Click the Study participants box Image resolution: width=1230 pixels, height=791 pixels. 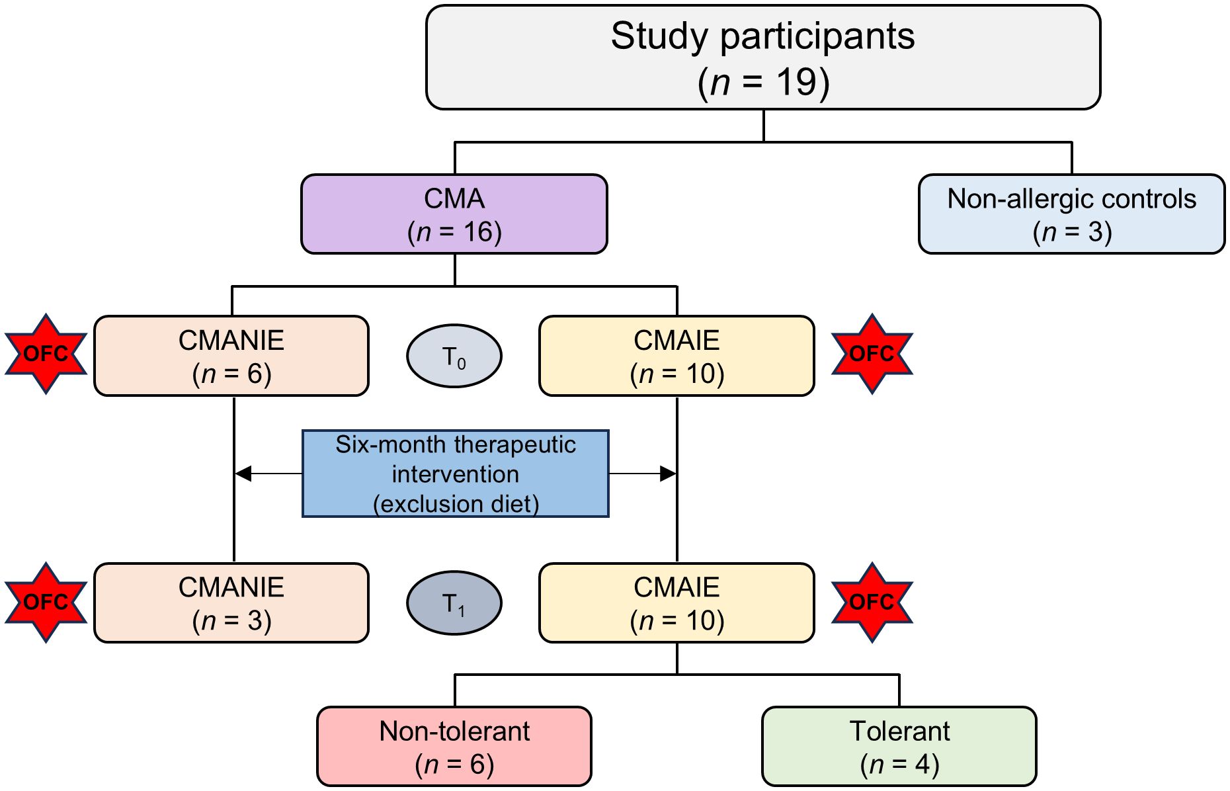(x=762, y=58)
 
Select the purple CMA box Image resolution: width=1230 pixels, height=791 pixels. (x=454, y=214)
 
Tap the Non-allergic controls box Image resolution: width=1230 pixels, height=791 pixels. (x=1071, y=214)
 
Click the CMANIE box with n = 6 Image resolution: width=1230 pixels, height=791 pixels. (x=231, y=356)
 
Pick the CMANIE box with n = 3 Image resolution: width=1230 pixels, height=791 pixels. (x=231, y=603)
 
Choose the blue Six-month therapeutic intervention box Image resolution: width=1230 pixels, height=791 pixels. (x=455, y=474)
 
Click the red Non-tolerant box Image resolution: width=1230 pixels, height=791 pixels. (x=454, y=746)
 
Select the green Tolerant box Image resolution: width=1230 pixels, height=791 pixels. (x=899, y=746)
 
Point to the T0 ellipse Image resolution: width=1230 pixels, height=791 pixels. (x=454, y=356)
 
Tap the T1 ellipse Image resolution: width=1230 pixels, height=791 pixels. (x=454, y=603)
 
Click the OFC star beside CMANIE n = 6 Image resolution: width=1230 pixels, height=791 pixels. (x=46, y=354)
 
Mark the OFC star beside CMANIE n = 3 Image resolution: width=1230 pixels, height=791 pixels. (x=46, y=603)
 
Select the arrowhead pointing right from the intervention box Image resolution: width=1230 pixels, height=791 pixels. (x=667, y=474)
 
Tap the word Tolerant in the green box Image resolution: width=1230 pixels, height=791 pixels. (x=899, y=731)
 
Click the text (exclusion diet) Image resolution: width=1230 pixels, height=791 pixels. (x=456, y=504)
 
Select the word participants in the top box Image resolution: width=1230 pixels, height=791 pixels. (x=817, y=36)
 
